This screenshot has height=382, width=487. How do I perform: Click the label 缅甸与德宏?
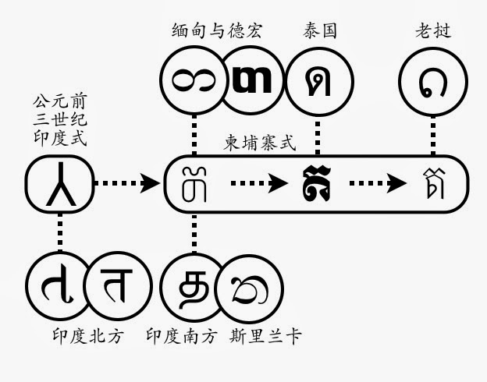tap(217, 31)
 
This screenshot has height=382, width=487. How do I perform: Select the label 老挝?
tap(433, 31)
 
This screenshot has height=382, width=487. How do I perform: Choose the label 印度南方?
tap(182, 336)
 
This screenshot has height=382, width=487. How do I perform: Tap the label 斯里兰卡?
tap(265, 336)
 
